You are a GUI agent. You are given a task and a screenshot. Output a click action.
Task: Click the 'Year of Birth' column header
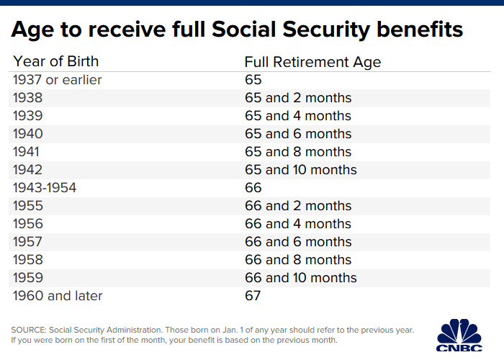pos(55,61)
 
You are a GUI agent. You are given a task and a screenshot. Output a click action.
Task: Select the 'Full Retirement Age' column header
pos(312,62)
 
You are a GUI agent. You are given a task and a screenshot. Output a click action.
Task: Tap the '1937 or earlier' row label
pos(58,80)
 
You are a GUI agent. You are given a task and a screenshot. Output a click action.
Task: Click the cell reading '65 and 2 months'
pos(298,98)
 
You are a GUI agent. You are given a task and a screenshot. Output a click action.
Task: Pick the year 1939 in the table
pos(28,116)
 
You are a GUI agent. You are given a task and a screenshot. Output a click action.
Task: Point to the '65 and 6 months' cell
pos(298,134)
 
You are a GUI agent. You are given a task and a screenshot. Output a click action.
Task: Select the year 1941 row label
pos(27,152)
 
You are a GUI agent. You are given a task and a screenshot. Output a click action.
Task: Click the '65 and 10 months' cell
pos(301,170)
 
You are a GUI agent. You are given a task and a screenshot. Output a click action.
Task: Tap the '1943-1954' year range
pos(45,188)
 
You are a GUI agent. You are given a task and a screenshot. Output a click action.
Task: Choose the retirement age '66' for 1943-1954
pos(253,188)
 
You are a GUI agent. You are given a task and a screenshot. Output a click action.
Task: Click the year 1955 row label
pos(28,206)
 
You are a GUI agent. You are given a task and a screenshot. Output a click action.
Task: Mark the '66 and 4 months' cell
pos(298,224)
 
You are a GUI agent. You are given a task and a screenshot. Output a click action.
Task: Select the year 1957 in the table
pos(28,242)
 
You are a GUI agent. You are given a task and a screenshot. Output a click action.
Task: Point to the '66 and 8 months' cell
pos(298,260)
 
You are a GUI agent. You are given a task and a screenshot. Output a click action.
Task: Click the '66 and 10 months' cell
pos(301,278)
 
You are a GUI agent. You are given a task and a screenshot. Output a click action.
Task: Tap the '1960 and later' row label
pos(58,296)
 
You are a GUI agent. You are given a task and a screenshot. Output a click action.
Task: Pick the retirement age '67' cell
pos(253,296)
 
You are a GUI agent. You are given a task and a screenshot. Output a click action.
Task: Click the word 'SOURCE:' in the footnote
pos(30,330)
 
